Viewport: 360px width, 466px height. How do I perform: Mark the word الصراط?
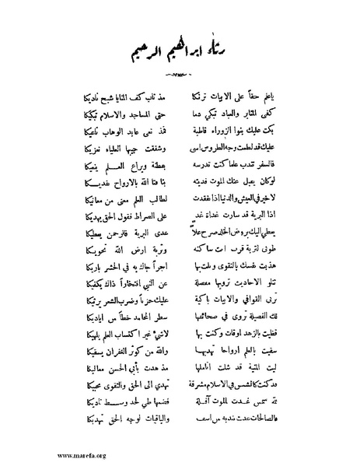[x=142, y=219]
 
